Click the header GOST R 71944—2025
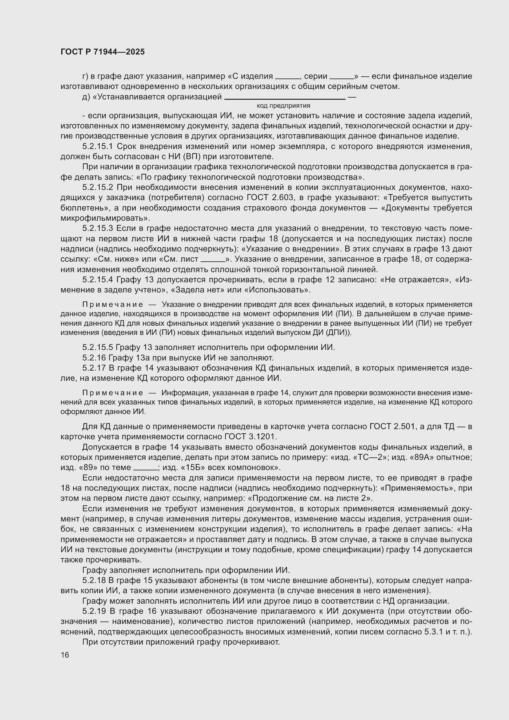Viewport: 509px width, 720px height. point(102,52)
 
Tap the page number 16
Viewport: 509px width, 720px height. point(65,655)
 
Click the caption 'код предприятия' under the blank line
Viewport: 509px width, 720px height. point(283,106)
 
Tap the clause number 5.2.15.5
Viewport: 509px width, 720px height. point(98,347)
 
